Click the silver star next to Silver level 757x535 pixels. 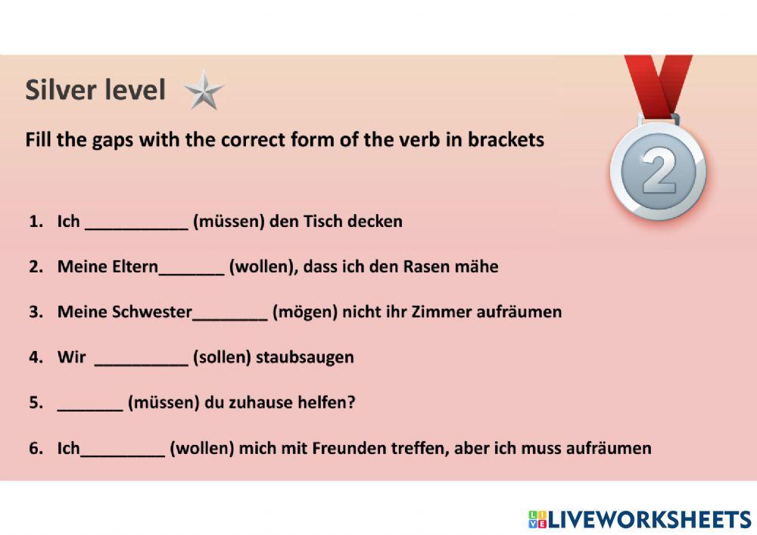[x=204, y=90]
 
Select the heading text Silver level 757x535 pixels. [x=95, y=90]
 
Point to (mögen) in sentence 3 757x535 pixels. [x=305, y=313]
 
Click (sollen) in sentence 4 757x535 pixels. [x=222, y=358]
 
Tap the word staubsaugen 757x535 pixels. [x=305, y=358]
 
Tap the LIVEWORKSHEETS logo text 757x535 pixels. [x=649, y=519]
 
